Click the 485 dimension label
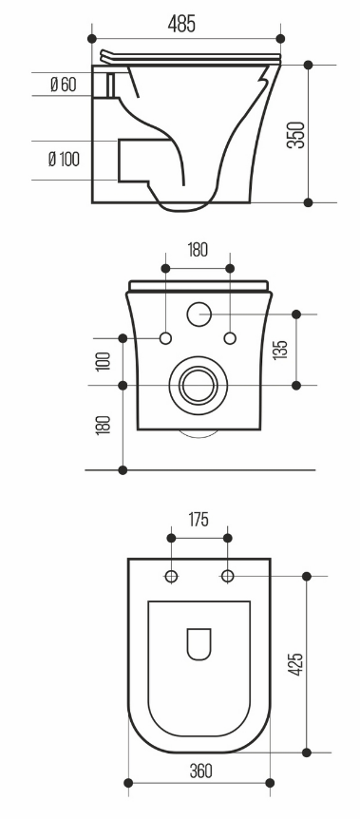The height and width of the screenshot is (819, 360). click(181, 24)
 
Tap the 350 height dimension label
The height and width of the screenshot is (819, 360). click(296, 135)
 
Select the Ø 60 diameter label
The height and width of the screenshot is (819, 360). click(64, 84)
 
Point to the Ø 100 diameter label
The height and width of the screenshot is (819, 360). click(65, 159)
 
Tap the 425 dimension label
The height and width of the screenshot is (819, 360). click(295, 664)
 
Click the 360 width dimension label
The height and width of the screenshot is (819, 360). click(200, 771)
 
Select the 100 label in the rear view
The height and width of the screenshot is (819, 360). click(104, 361)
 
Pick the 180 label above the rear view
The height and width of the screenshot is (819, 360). click(197, 250)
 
